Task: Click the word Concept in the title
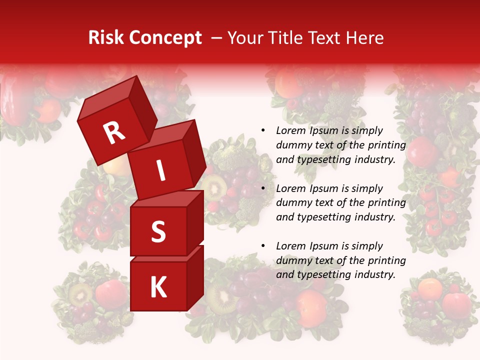pyautogui.click(x=165, y=38)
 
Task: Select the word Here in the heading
pyautogui.click(x=365, y=38)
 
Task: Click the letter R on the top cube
pyautogui.click(x=114, y=133)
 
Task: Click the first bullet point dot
pyautogui.click(x=263, y=131)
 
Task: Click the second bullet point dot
pyautogui.click(x=263, y=189)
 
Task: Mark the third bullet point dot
pyautogui.click(x=263, y=246)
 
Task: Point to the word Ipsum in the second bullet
pyautogui.click(x=323, y=188)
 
